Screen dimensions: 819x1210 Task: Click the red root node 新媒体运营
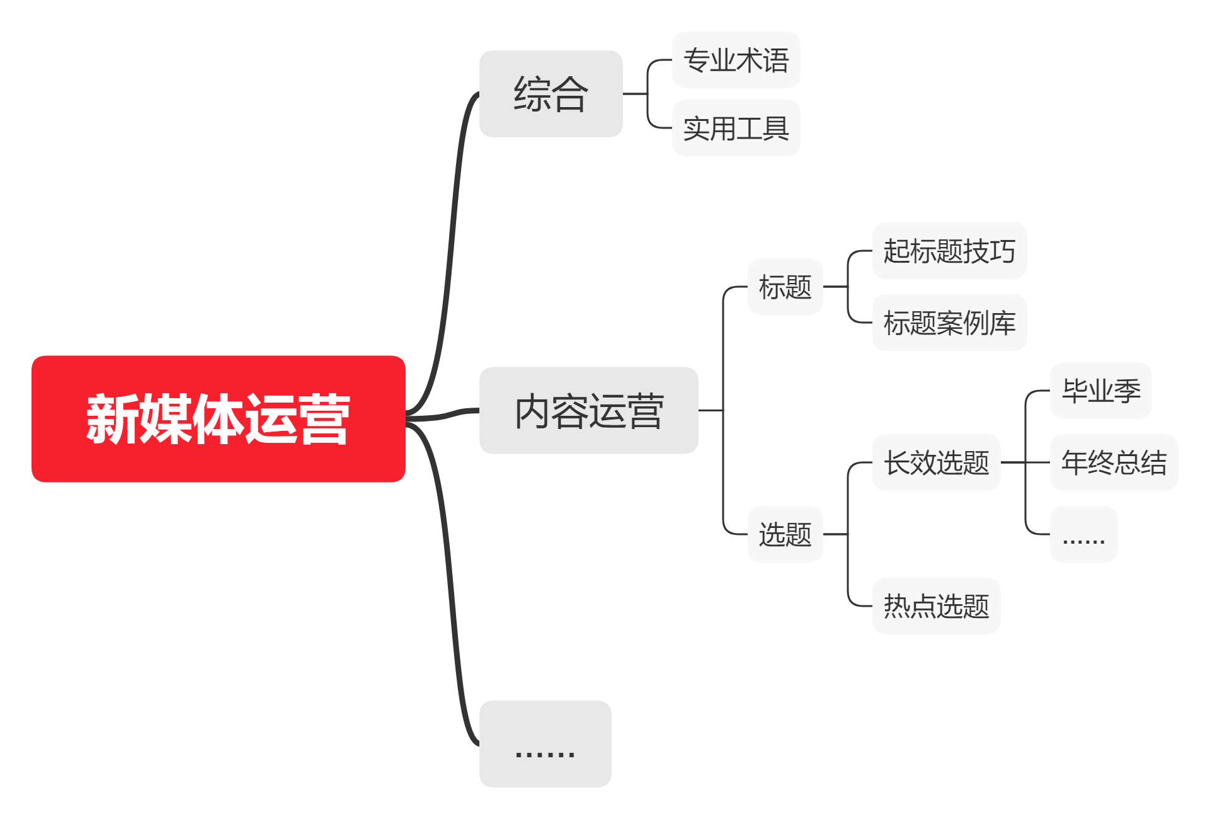click(x=218, y=419)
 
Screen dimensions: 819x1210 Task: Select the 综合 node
click(x=551, y=94)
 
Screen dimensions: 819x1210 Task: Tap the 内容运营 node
click(x=588, y=411)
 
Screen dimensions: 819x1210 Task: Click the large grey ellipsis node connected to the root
click(x=545, y=744)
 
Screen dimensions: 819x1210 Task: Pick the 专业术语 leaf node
click(x=736, y=60)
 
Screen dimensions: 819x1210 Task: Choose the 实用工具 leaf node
click(x=736, y=129)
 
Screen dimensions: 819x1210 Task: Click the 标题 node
click(x=785, y=287)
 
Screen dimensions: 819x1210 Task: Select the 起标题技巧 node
click(x=949, y=251)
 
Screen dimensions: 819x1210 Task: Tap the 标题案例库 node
click(x=949, y=323)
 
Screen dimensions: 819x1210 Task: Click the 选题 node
click(x=785, y=534)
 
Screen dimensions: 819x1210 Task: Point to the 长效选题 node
click(x=936, y=462)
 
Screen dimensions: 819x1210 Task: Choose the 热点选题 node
click(x=936, y=606)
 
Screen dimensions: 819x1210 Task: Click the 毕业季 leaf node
click(x=1100, y=391)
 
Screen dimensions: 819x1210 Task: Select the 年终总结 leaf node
click(x=1114, y=462)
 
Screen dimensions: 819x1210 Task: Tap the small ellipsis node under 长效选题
click(x=1083, y=534)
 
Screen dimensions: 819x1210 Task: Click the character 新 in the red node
click(x=113, y=419)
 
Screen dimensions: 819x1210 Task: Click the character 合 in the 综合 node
click(x=569, y=94)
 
